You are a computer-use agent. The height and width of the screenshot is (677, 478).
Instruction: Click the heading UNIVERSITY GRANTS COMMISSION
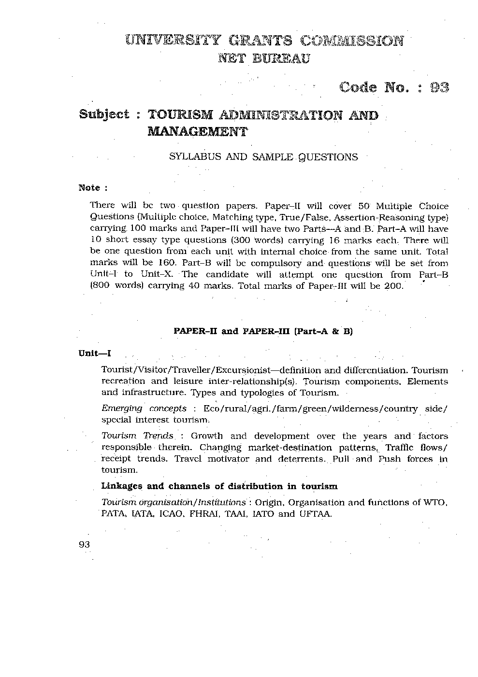point(263,40)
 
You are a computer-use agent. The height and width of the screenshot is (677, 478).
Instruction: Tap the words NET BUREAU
point(264,59)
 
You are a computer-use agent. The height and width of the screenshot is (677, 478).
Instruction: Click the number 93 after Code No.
point(439,87)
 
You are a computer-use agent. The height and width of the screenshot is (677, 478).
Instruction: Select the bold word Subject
point(104,114)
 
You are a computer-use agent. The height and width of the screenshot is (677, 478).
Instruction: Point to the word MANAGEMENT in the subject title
point(197,131)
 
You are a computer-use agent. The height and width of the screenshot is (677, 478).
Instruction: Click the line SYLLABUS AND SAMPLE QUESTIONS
point(263,157)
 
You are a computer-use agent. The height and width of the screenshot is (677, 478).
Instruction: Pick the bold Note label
point(89,187)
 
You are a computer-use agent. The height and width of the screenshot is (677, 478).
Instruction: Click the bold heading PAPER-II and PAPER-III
point(263,331)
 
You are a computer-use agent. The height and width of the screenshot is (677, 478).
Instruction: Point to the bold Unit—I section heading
point(95,353)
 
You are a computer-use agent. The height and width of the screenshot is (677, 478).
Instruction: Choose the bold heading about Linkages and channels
point(219,486)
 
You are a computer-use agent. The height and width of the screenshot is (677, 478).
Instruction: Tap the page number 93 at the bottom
point(84,544)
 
